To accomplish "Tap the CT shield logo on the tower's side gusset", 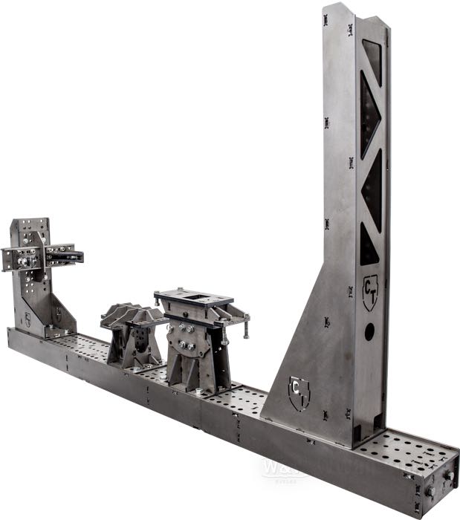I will tap(299, 393).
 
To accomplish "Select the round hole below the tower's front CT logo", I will tap(369, 333).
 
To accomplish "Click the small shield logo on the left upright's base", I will tap(27, 320).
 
